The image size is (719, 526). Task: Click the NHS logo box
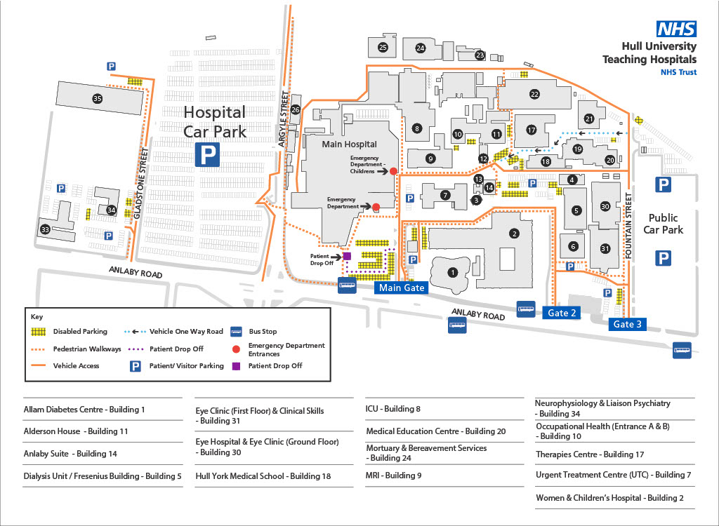pyautogui.click(x=676, y=29)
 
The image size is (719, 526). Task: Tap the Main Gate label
pyautogui.click(x=402, y=288)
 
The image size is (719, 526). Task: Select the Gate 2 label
pyautogui.click(x=562, y=313)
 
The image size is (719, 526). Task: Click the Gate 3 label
pyautogui.click(x=627, y=324)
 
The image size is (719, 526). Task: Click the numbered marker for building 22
pyautogui.click(x=534, y=94)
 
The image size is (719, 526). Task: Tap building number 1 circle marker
pyautogui.click(x=453, y=272)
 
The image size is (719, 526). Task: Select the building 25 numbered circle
pyautogui.click(x=383, y=48)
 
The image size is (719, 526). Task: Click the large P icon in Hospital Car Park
pyautogui.click(x=207, y=155)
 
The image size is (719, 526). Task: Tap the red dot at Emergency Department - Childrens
pyautogui.click(x=393, y=171)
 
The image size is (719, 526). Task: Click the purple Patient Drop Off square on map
pyautogui.click(x=347, y=256)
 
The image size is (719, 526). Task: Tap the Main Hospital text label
pyautogui.click(x=349, y=144)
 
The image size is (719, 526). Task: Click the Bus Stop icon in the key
pyautogui.click(x=237, y=331)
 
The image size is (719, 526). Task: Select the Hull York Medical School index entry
pyautogui.click(x=263, y=476)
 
